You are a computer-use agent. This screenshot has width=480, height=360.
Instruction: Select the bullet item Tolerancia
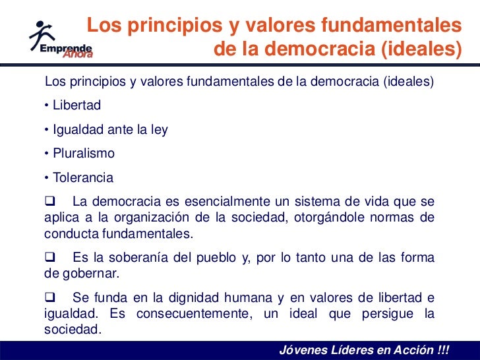click(x=83, y=177)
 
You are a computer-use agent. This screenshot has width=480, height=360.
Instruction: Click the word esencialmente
click(x=229, y=202)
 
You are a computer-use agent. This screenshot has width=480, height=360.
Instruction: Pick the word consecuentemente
click(x=193, y=313)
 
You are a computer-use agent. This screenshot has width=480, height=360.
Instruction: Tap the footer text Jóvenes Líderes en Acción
click(x=363, y=349)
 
